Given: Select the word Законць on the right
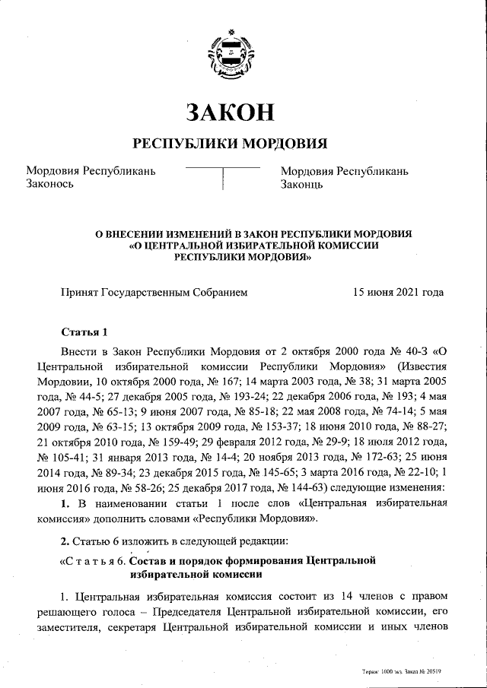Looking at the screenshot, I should pos(303,184).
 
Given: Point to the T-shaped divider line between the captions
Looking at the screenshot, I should pos(222,175).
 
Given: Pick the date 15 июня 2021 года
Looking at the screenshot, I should pos(399,291).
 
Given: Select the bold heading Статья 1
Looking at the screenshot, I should pos(85,331).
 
